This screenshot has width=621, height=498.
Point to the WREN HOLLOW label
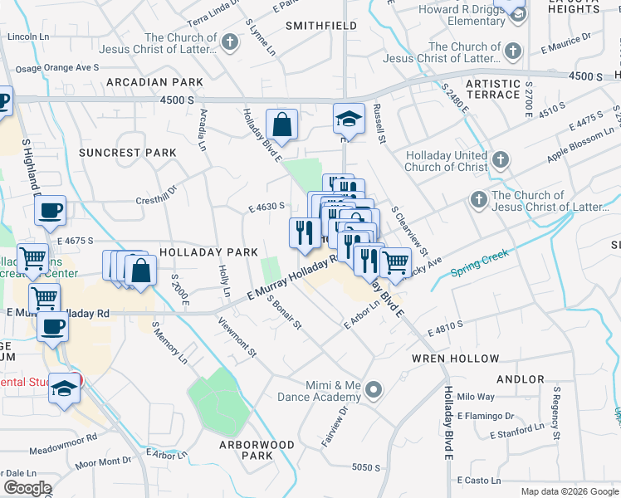tap(456, 359)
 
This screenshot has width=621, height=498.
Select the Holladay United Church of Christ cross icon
tap(501, 159)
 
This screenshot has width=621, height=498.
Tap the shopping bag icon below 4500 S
tap(282, 124)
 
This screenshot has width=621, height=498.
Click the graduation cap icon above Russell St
tap(349, 119)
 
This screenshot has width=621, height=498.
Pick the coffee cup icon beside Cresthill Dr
tap(51, 211)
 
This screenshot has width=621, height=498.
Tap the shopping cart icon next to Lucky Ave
tap(395, 261)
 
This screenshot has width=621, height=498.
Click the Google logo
tap(27, 488)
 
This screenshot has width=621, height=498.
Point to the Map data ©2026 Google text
tap(569, 491)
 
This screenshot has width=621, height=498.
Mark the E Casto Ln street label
tap(479, 481)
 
